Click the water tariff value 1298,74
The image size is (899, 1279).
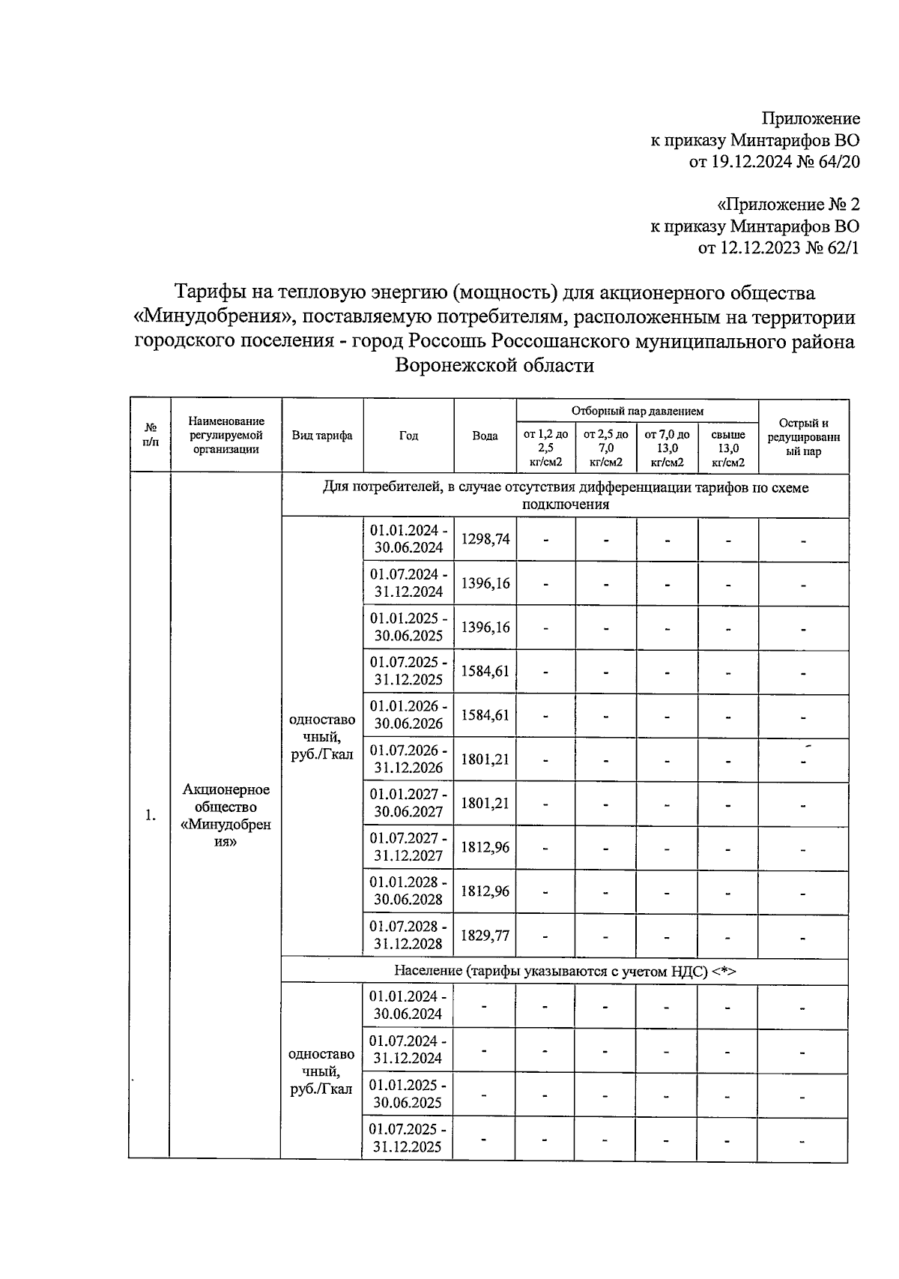[485, 539]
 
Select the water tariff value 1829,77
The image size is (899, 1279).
[485, 935]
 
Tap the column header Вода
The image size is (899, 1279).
[485, 436]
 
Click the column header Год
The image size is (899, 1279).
[408, 436]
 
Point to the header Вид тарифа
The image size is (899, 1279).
[322, 436]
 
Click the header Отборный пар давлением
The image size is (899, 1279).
[637, 411]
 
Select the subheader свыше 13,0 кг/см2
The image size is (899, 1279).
[727, 448]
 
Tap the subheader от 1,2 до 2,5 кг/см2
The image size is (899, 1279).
[545, 448]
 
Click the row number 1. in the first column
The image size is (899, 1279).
[151, 816]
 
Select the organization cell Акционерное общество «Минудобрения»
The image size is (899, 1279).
[225, 815]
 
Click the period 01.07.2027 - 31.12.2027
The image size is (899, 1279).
[408, 846]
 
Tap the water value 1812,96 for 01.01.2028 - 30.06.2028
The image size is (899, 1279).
[485, 891]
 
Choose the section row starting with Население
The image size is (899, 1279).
[565, 971]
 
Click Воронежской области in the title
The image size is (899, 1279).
[494, 366]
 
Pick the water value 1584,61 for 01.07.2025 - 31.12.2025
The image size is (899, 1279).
[485, 671]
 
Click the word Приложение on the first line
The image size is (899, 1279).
[811, 118]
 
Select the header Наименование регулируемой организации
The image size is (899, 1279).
[225, 436]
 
